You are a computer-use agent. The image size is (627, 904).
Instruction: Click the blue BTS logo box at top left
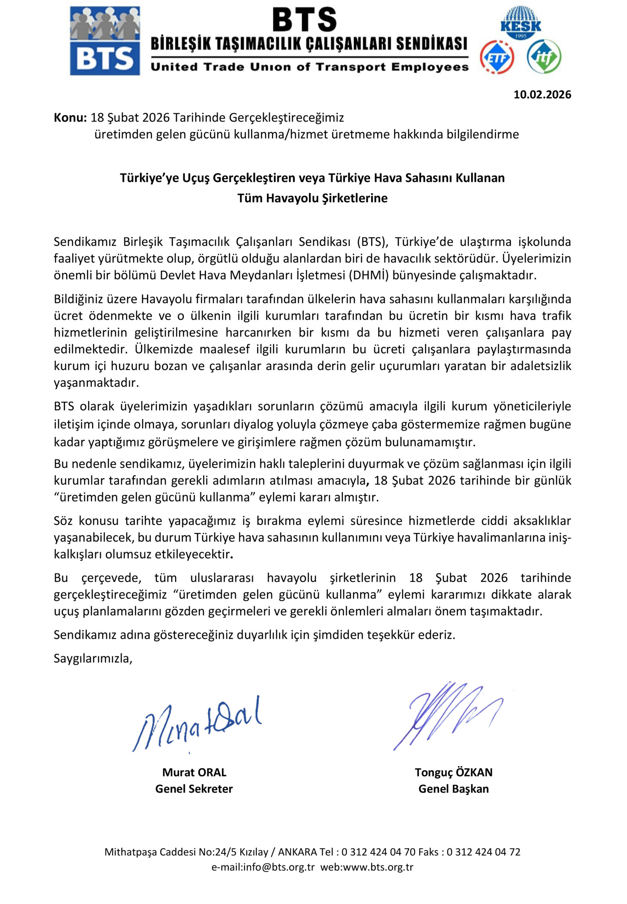point(105,41)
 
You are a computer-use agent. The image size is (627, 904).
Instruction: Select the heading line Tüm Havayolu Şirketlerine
point(312,198)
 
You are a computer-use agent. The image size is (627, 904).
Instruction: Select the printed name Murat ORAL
point(194,772)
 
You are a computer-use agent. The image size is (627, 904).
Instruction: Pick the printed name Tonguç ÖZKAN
point(453,772)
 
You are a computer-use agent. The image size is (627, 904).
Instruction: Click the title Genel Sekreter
point(194,789)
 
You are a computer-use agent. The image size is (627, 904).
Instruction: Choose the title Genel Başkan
point(453,789)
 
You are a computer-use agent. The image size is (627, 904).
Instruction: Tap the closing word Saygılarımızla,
point(93,658)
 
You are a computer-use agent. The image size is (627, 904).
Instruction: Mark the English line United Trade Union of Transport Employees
point(309,67)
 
